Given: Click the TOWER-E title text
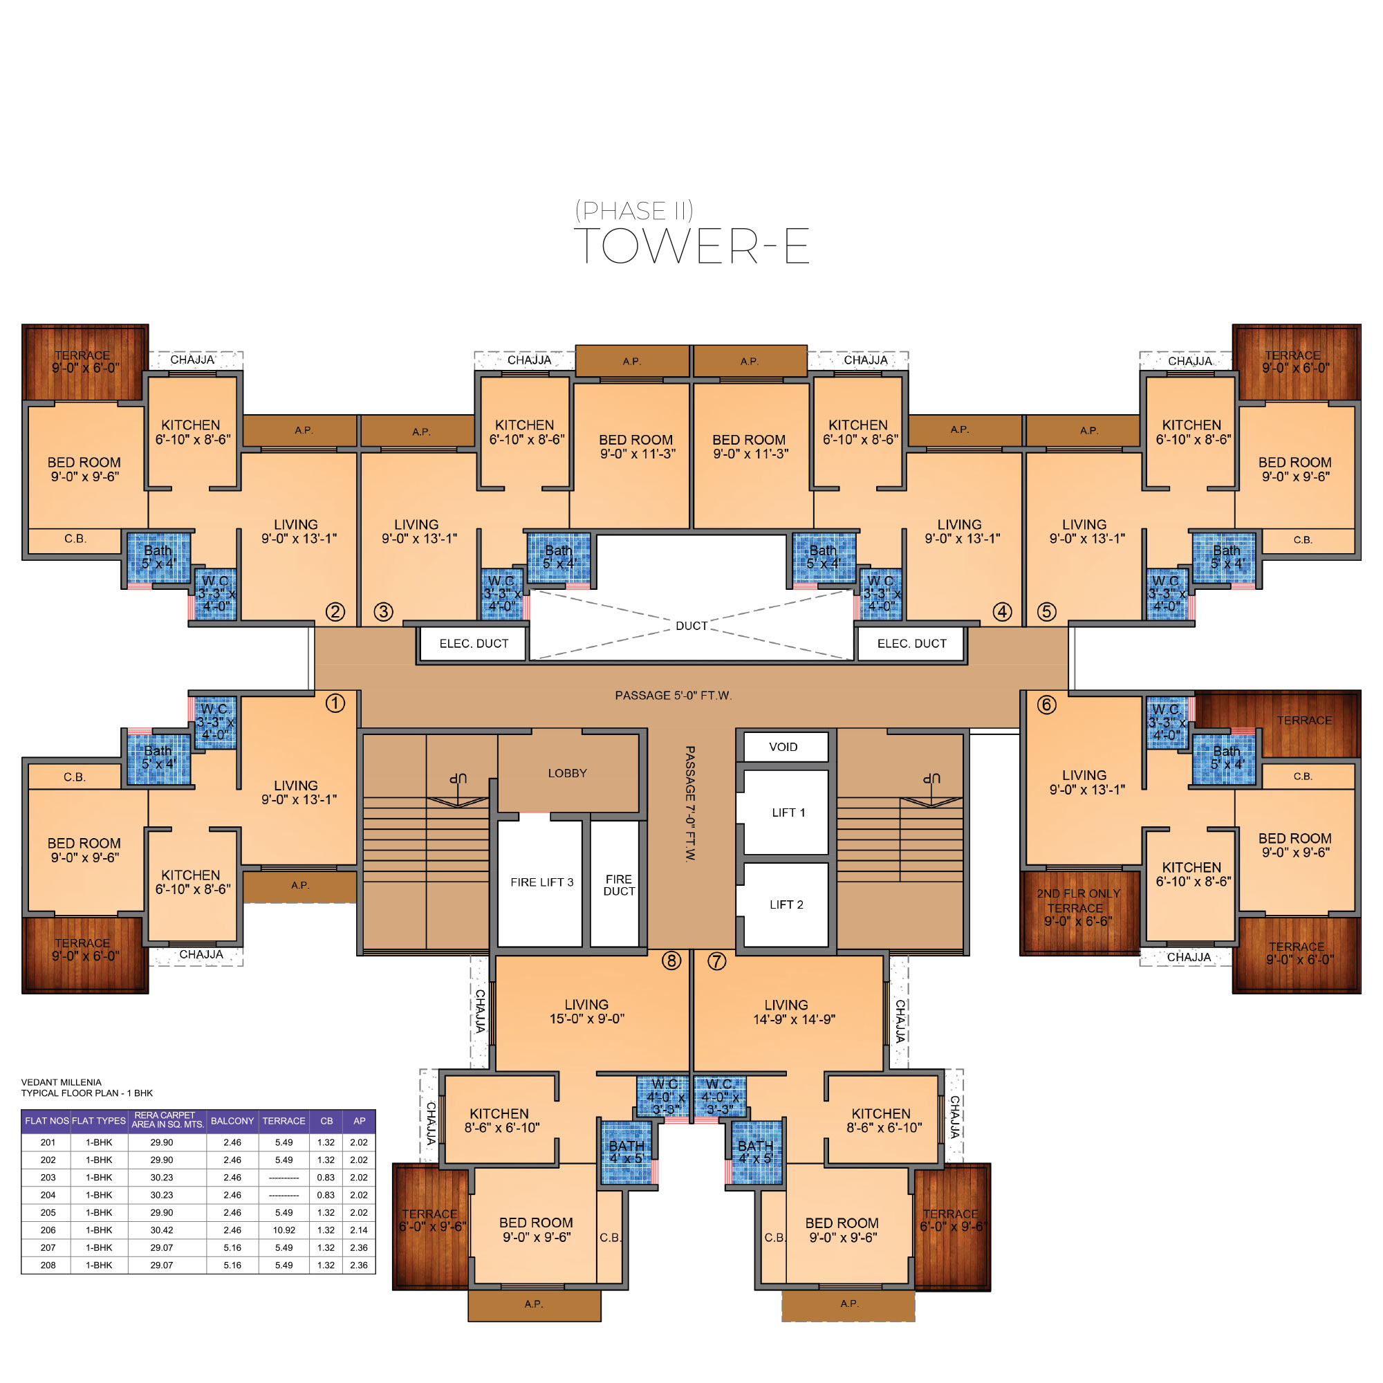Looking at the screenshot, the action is click(x=691, y=245).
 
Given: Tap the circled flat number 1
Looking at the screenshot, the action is click(x=335, y=703).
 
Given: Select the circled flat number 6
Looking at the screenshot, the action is click(x=1046, y=705).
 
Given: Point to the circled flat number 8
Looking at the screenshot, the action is click(x=671, y=960).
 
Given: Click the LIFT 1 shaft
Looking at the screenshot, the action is click(x=786, y=813).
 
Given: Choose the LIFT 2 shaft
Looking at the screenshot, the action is click(x=786, y=904).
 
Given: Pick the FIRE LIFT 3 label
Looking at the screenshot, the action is click(x=542, y=882).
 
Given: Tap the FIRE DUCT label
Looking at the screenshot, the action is click(x=618, y=885).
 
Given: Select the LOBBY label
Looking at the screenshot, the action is click(x=567, y=773).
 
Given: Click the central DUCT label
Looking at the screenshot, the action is click(x=691, y=626).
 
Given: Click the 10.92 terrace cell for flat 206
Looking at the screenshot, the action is click(x=284, y=1229).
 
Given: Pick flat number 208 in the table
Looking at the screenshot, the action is click(x=48, y=1265).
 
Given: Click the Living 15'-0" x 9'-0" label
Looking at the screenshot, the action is click(x=586, y=1012).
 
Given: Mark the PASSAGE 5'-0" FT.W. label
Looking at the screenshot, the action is click(x=673, y=695).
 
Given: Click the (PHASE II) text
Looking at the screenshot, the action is click(x=634, y=210).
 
